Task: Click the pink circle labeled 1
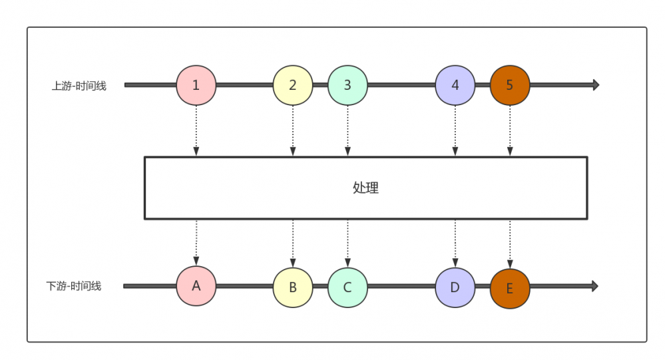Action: tap(196, 85)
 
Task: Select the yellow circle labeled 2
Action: tap(293, 85)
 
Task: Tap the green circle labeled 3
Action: tap(347, 85)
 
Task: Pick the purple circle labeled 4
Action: tap(455, 85)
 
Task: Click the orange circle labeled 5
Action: tap(510, 85)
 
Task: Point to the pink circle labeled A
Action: tap(196, 286)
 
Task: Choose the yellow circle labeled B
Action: tap(293, 287)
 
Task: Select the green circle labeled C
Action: tap(347, 287)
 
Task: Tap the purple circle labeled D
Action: tap(455, 287)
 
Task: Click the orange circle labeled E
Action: tap(510, 288)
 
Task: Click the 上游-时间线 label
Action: tap(79, 86)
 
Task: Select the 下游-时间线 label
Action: tap(74, 286)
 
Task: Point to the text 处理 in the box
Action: tap(365, 188)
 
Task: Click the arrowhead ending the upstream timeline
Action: tap(596, 85)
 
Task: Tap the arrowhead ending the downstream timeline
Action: tap(595, 286)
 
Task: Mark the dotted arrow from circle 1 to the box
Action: tap(196, 130)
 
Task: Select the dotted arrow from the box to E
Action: tap(510, 244)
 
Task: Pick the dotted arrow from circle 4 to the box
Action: tap(455, 130)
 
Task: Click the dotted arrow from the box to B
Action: tap(293, 244)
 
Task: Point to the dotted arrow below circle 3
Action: tap(347, 130)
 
